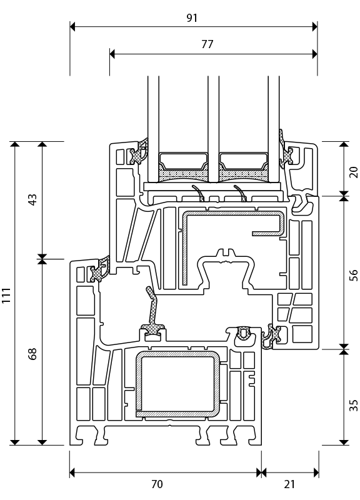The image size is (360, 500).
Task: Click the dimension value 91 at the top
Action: pos(192,18)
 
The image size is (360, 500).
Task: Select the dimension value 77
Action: pos(207,44)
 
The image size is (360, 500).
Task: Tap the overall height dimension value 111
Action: pos(6,295)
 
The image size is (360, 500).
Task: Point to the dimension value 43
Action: pos(33,199)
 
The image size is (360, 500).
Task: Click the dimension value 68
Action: pos(33,354)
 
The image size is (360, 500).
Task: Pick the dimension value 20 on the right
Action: pos(354,172)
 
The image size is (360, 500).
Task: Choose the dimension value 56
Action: pos(354,275)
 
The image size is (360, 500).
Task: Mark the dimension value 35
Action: pos(354,406)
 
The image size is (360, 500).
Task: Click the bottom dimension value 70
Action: pos(157,484)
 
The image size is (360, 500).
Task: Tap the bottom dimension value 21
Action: pos(289,484)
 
